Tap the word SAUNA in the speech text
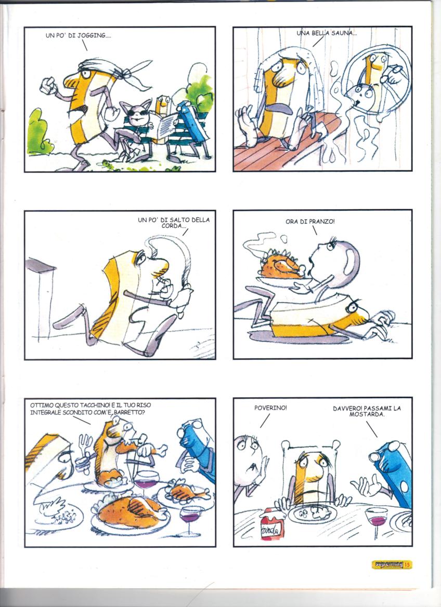tap(343, 33)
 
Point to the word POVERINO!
tap(271, 408)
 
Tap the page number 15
tap(407, 565)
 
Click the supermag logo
tap(387, 564)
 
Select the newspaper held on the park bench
tap(166, 126)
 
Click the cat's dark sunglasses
tap(138, 113)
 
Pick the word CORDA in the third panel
tap(172, 226)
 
